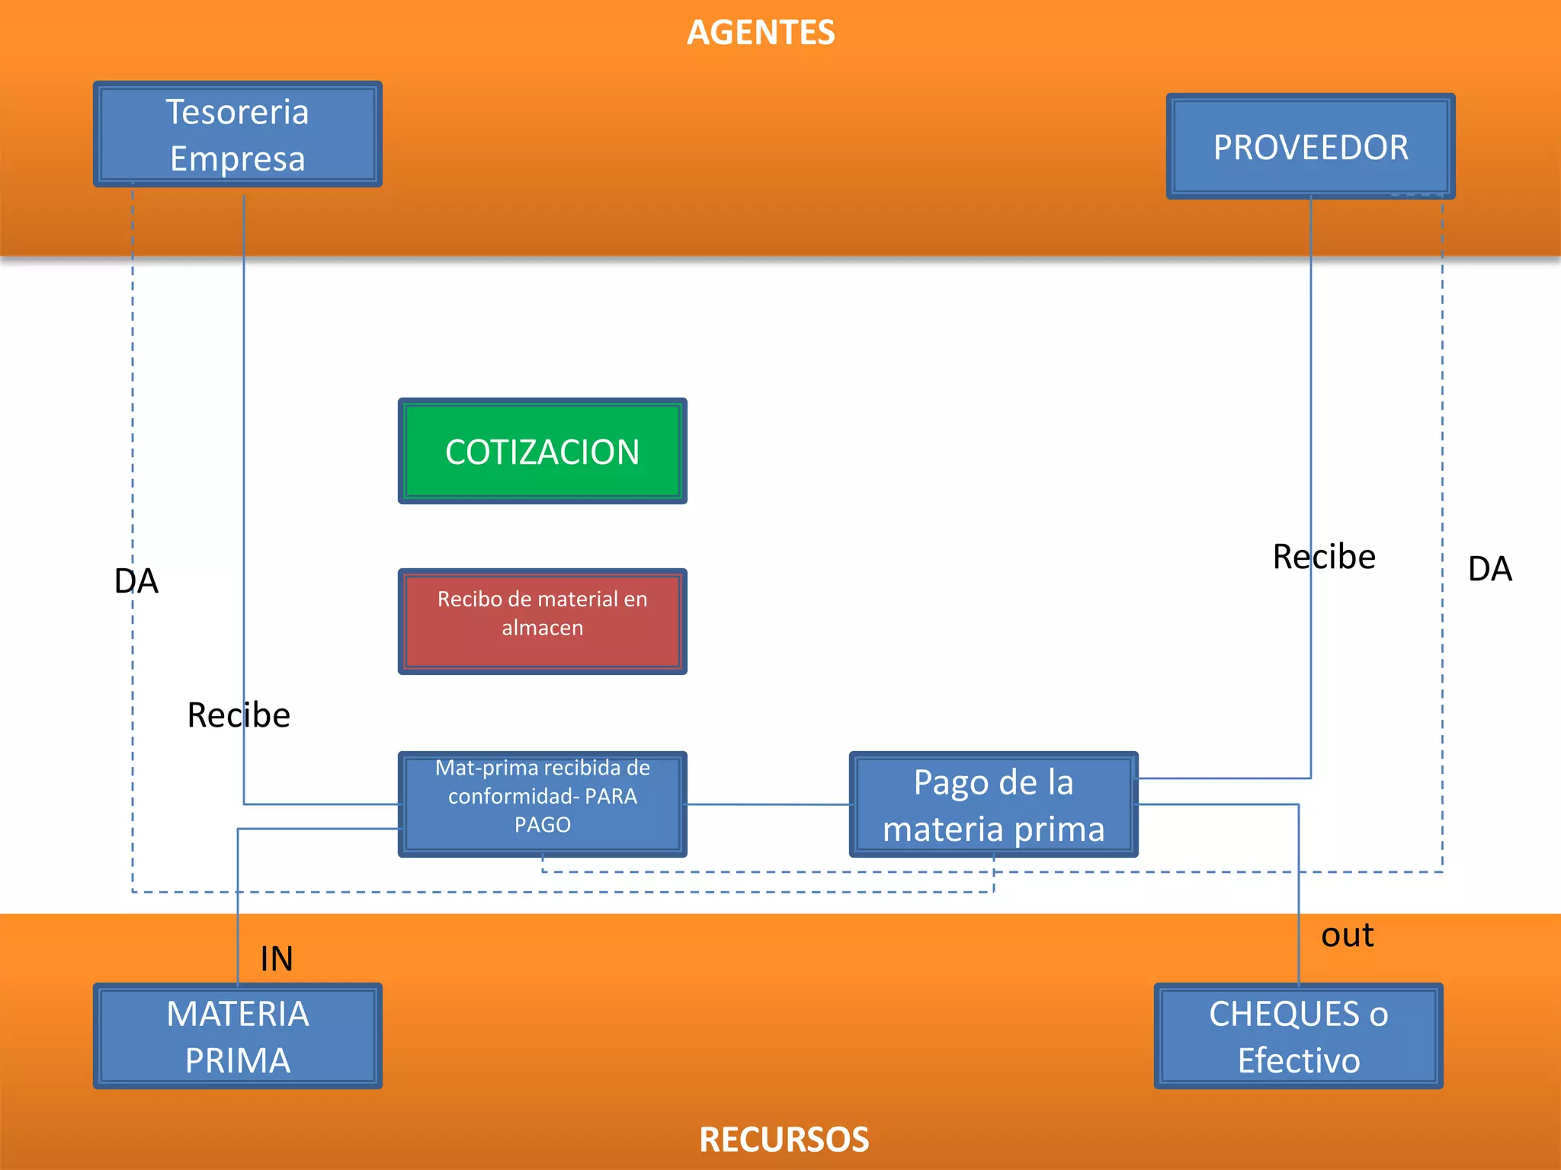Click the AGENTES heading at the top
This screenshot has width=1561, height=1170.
point(761,33)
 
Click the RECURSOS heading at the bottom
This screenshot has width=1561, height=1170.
point(784,1140)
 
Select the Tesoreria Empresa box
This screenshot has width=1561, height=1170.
point(237,134)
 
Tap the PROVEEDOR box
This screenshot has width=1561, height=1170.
point(1310,147)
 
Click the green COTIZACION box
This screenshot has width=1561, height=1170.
point(542,452)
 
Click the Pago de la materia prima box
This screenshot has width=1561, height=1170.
point(993,805)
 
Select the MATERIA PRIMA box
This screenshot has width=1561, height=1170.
point(237,1036)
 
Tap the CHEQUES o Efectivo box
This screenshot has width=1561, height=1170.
point(1298,1036)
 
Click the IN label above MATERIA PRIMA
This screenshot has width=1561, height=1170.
point(277,958)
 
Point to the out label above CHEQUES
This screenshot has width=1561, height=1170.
point(1347,935)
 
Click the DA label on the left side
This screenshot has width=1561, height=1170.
point(136,581)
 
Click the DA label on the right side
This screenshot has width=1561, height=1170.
point(1489,569)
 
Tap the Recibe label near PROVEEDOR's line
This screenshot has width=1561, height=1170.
point(1324,557)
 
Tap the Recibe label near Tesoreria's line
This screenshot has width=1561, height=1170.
point(239,715)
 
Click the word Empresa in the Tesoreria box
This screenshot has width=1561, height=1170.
point(237,158)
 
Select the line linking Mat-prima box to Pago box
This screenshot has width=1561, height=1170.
point(768,804)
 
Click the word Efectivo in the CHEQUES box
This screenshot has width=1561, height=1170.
point(1298,1060)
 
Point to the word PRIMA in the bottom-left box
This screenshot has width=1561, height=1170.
point(237,1060)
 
